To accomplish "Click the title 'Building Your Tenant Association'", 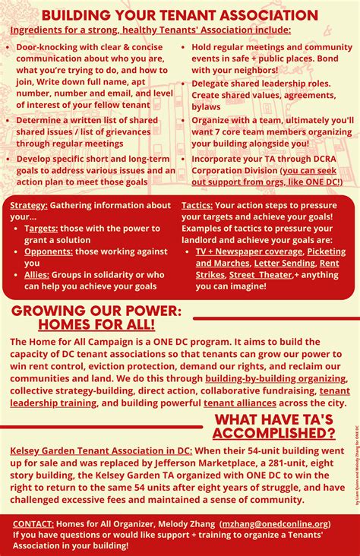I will (179, 14).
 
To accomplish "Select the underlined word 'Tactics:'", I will (197, 206).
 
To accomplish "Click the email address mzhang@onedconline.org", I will (276, 523).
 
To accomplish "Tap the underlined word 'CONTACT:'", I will (33, 523).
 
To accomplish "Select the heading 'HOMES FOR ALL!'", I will (96, 324).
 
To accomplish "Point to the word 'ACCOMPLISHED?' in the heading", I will (273, 434).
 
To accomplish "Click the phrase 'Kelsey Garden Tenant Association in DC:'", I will (101, 450).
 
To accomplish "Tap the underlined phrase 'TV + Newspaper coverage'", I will (249, 251).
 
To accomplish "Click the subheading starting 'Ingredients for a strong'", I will (150, 30).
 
